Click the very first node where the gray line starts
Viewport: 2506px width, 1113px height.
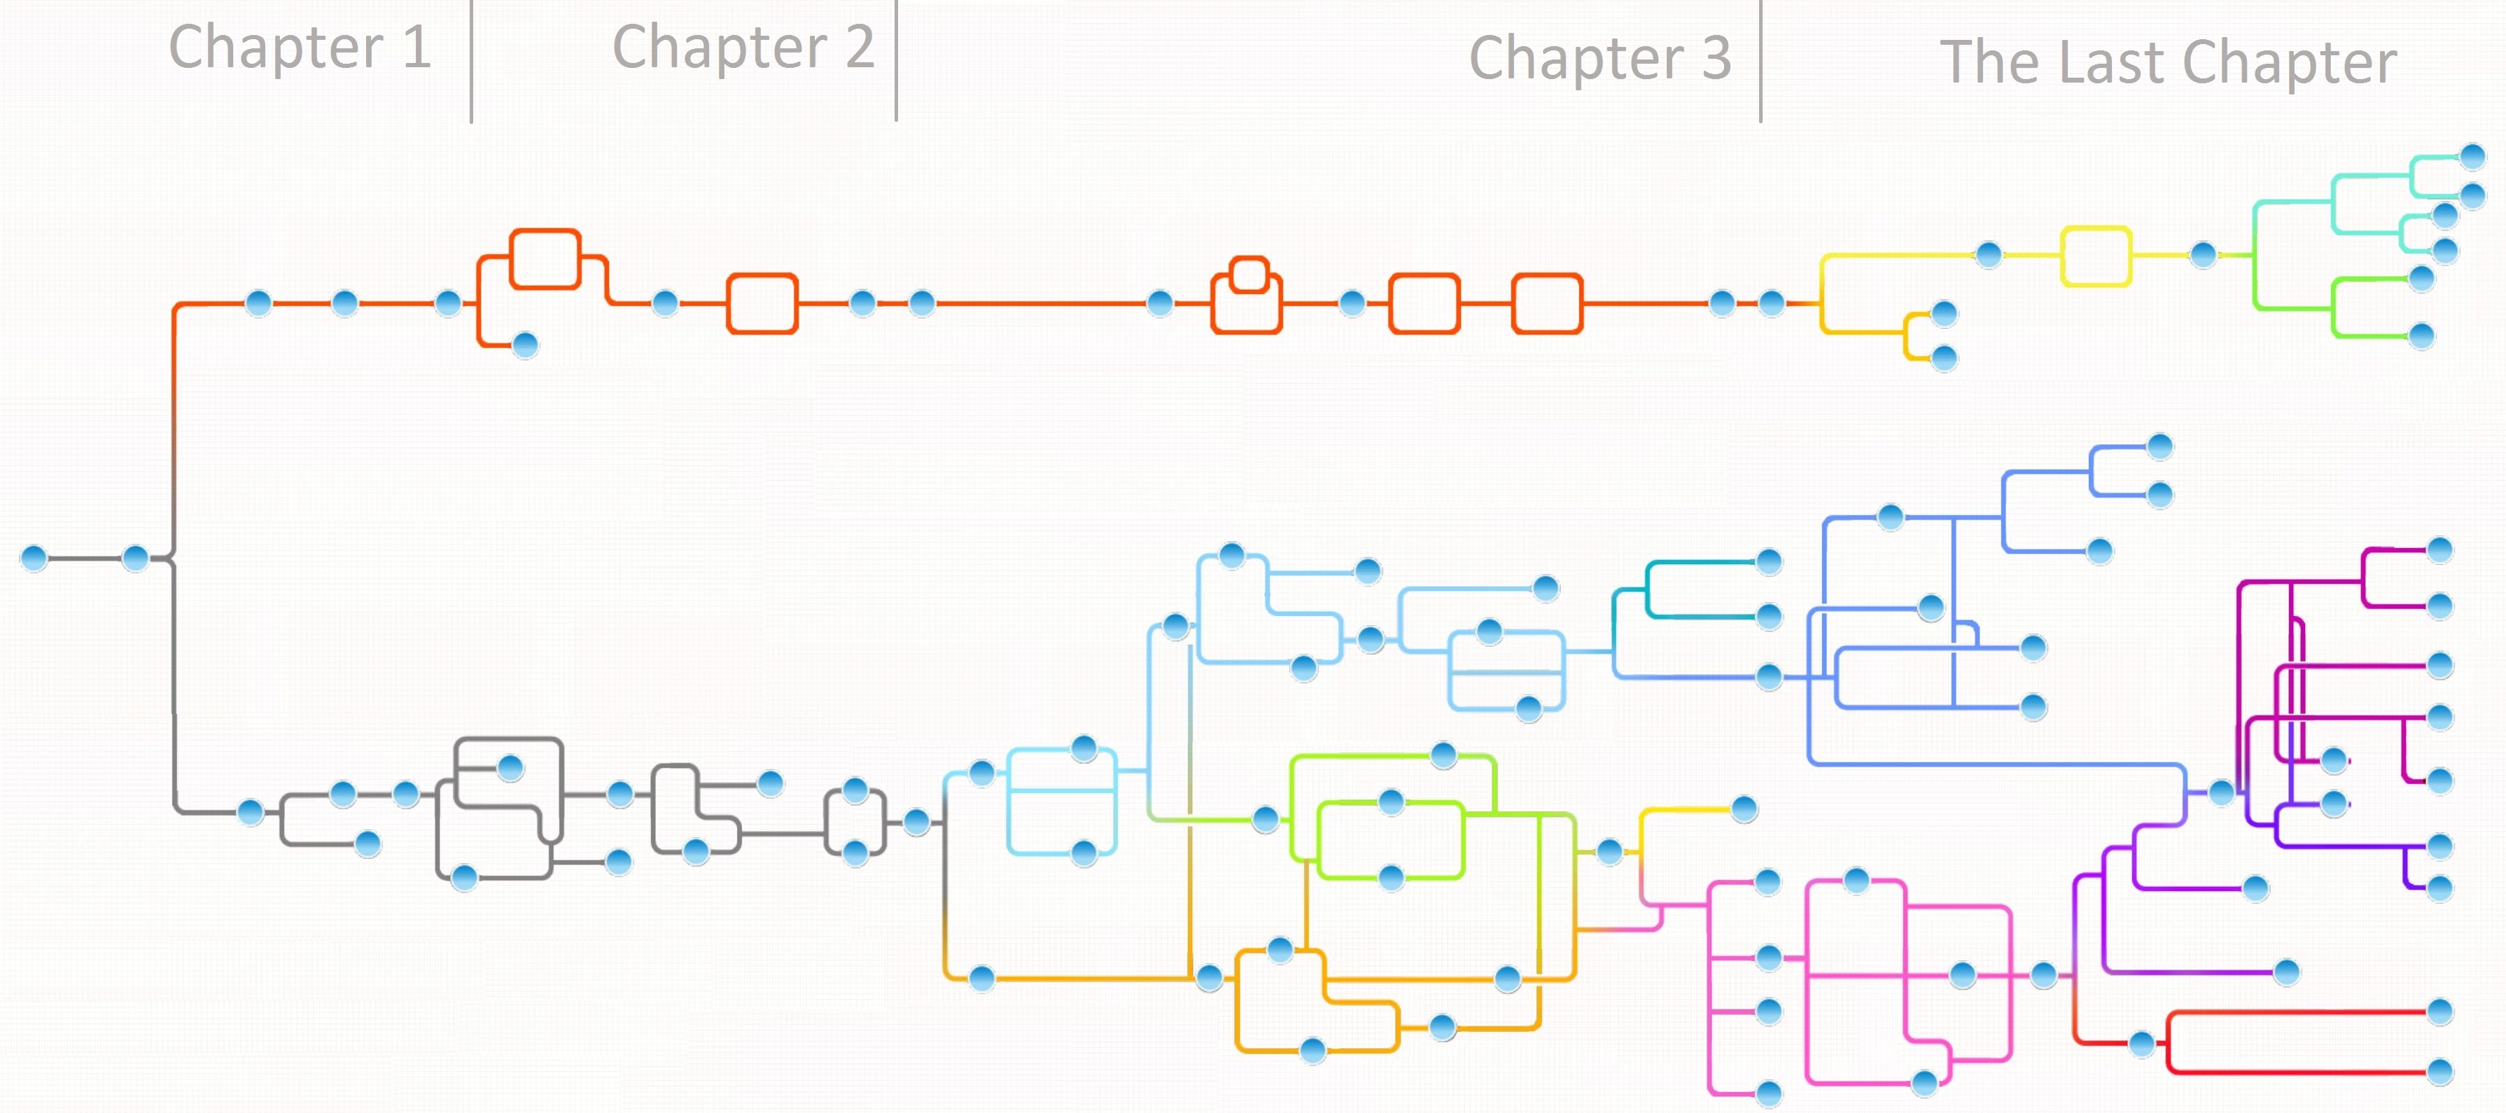[34, 559]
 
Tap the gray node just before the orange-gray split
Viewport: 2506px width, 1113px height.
[135, 559]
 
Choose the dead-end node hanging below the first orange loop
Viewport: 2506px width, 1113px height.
[525, 344]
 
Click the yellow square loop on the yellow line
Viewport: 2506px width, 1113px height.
[2096, 256]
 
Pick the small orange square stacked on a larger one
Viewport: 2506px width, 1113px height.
[1249, 274]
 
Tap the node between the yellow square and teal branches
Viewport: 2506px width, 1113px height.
[2204, 255]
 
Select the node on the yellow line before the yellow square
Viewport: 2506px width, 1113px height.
[1989, 255]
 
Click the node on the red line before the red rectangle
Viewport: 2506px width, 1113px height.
[2141, 1044]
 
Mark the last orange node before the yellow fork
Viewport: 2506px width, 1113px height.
[1772, 304]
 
